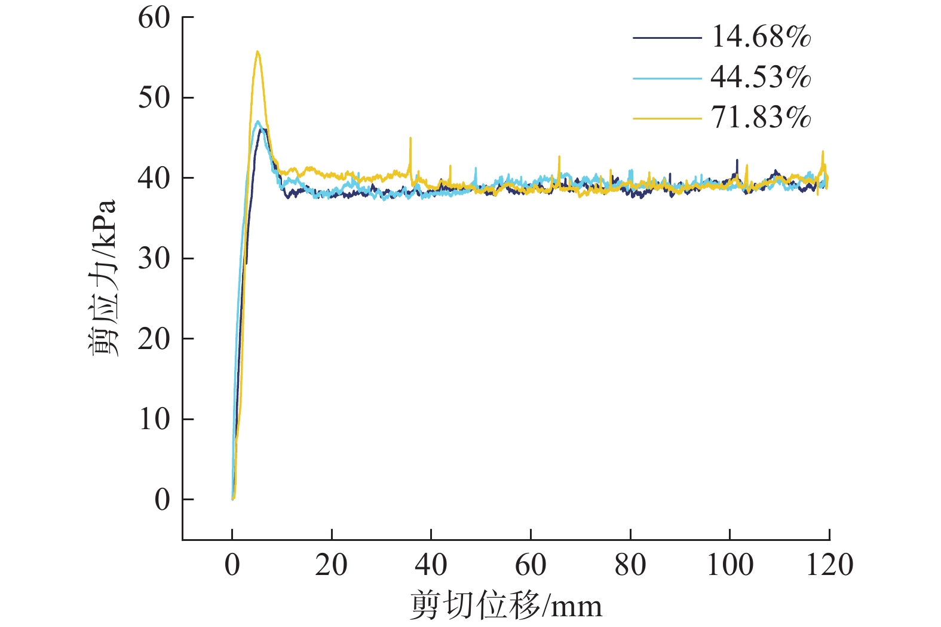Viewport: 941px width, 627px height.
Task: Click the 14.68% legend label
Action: (x=761, y=37)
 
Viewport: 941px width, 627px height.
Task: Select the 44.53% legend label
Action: (x=761, y=77)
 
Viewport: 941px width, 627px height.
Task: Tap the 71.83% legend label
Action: (x=761, y=117)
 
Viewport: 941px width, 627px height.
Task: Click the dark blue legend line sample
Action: (x=667, y=38)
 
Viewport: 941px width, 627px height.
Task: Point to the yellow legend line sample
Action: (x=667, y=118)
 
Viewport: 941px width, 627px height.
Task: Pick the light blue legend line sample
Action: (x=667, y=78)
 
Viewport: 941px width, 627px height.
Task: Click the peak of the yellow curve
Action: (x=258, y=52)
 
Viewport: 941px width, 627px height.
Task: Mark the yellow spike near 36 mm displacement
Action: (x=410, y=139)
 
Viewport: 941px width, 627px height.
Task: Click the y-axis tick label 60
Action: (x=154, y=18)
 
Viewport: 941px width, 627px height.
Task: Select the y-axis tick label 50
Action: (x=154, y=98)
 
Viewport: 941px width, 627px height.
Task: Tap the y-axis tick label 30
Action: (x=154, y=259)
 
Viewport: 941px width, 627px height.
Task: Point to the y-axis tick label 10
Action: (x=154, y=420)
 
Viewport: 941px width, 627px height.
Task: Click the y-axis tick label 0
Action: (x=162, y=500)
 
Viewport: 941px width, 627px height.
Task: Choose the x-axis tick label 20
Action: (x=331, y=565)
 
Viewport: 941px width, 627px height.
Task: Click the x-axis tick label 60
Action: (x=531, y=565)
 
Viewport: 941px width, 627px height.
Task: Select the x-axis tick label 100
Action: (x=729, y=565)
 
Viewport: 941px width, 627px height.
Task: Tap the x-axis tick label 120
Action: (x=829, y=565)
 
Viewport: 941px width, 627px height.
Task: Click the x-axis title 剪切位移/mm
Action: (x=506, y=606)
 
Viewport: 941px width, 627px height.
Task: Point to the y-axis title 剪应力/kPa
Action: (x=103, y=278)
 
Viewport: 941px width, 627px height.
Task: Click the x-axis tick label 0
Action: (x=232, y=565)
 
